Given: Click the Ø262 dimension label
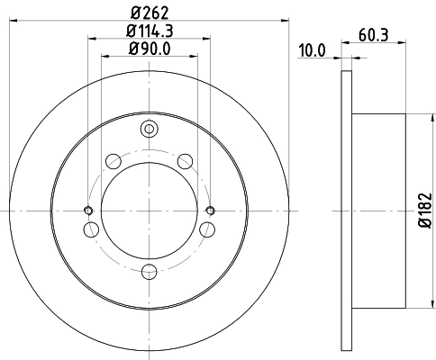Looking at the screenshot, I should point(149,12).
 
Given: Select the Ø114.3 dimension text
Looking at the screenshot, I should point(149,31).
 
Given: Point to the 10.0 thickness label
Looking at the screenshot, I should point(311,50).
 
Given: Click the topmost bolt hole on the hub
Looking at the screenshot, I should point(149,132).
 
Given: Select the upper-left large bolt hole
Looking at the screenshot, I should point(114,161).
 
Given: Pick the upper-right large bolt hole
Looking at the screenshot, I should point(185,161).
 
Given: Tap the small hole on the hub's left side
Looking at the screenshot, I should point(88,211).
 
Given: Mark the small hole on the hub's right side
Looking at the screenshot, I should point(210,211).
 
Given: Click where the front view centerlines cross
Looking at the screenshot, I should point(149,211).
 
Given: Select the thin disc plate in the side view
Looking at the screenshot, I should point(346,211).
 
